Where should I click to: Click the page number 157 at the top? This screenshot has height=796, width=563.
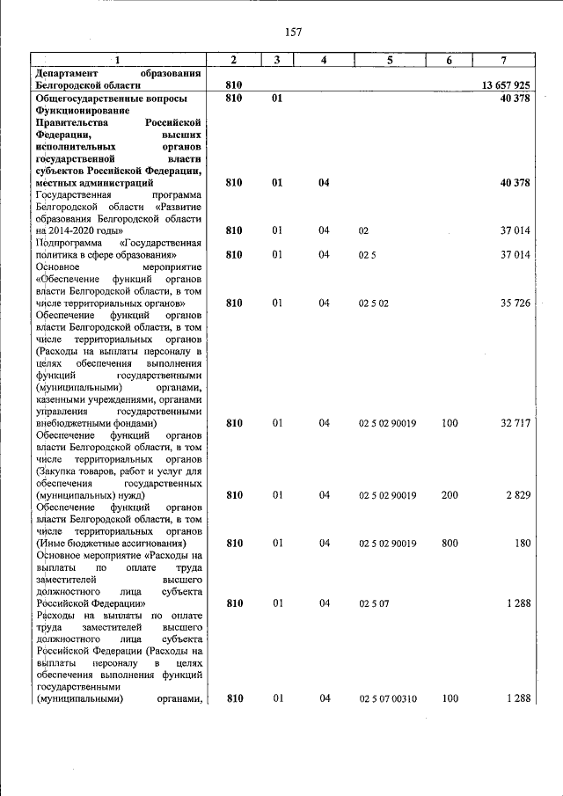tap(293, 33)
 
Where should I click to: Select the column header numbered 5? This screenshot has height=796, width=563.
tap(390, 59)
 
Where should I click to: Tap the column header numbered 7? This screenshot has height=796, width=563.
tap(502, 59)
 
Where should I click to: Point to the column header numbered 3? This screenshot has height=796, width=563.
tap(276, 59)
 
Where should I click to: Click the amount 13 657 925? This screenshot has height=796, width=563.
tap(505, 85)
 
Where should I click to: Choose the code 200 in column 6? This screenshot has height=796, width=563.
tap(450, 495)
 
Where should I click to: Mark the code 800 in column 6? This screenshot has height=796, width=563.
tap(450, 544)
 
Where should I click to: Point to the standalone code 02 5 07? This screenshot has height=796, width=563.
tap(373, 604)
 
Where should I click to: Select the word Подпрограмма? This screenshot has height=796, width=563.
tap(67, 243)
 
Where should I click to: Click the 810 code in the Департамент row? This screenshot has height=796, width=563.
tap(234, 85)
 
